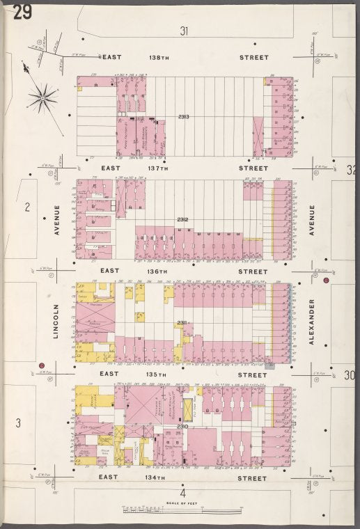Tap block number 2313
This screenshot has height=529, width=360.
(184, 116)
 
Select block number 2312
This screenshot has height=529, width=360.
(183, 221)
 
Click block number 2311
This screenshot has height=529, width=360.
(182, 322)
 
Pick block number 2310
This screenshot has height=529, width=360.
(182, 425)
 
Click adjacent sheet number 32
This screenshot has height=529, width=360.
(350, 169)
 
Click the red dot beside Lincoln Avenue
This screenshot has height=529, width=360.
(42, 365)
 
